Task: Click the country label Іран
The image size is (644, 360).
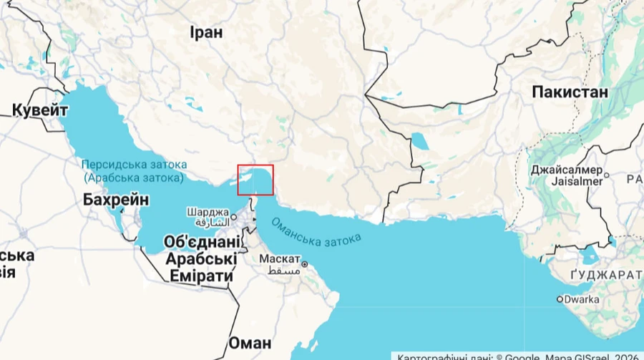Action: [x=206, y=32]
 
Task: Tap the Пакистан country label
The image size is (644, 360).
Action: [x=570, y=92]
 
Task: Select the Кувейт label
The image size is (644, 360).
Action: [x=40, y=110]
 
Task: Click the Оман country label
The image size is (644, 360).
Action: [x=250, y=342]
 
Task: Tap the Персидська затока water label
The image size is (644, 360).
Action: [x=132, y=163]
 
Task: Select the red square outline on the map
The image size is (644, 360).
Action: [x=255, y=180]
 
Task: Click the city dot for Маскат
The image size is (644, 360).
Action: [x=305, y=264]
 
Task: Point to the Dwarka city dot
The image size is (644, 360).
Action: [x=560, y=300]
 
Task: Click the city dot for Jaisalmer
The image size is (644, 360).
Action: [x=607, y=174]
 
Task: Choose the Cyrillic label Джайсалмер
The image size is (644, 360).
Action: [x=565, y=170]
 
